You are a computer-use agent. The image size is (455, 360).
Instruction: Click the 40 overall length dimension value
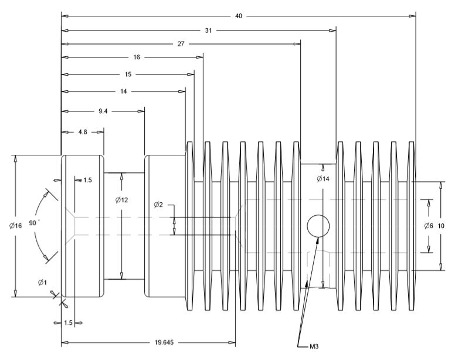239,16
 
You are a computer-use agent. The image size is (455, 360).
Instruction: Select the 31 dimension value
208,30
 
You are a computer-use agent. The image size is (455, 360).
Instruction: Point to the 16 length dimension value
136,57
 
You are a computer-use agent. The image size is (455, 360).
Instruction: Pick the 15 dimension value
128,74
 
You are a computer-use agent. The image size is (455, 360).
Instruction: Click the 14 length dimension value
123,91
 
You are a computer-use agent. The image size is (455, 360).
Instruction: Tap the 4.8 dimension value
83,133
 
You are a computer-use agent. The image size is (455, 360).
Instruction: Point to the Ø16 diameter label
15,226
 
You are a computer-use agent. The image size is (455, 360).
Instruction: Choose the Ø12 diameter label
121,200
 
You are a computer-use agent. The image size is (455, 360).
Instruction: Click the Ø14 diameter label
322,179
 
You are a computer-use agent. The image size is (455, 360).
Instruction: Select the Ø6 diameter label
429,226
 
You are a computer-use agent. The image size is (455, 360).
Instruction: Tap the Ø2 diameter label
159,205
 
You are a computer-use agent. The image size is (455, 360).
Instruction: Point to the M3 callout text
314,347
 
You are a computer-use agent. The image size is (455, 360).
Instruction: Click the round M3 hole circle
318,226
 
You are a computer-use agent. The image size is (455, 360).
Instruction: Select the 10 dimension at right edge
442,226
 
